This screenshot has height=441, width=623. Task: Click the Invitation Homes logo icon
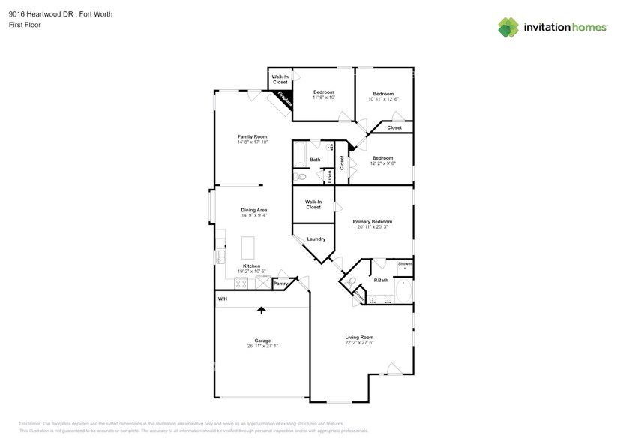click(508, 28)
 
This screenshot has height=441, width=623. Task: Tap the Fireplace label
click(284, 100)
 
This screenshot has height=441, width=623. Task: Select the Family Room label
click(253, 137)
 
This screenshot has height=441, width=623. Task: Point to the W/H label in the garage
click(223, 299)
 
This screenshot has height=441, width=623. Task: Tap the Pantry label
click(281, 283)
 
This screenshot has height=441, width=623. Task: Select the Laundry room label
click(316, 239)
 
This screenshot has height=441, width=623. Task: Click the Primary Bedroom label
click(373, 222)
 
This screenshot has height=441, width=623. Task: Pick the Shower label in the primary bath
click(404, 264)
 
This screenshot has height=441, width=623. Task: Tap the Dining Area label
click(253, 210)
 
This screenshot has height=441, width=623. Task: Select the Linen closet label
click(330, 176)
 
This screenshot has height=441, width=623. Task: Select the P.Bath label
click(381, 280)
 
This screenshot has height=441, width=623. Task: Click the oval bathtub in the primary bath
click(403, 291)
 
